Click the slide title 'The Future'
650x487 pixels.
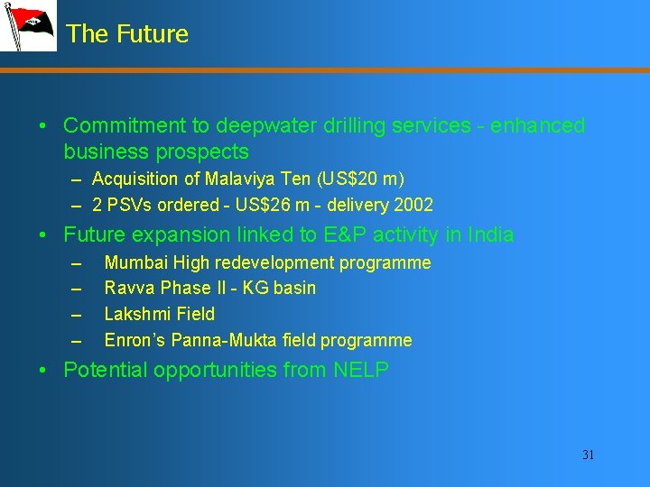click(127, 34)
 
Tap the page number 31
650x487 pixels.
click(588, 455)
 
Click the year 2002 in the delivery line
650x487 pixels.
click(413, 205)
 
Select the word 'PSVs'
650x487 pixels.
click(128, 205)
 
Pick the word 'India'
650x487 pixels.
click(487, 235)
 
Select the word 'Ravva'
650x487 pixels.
click(129, 288)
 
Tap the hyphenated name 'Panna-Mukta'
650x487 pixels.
click(225, 340)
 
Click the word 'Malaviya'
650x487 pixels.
click(239, 179)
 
